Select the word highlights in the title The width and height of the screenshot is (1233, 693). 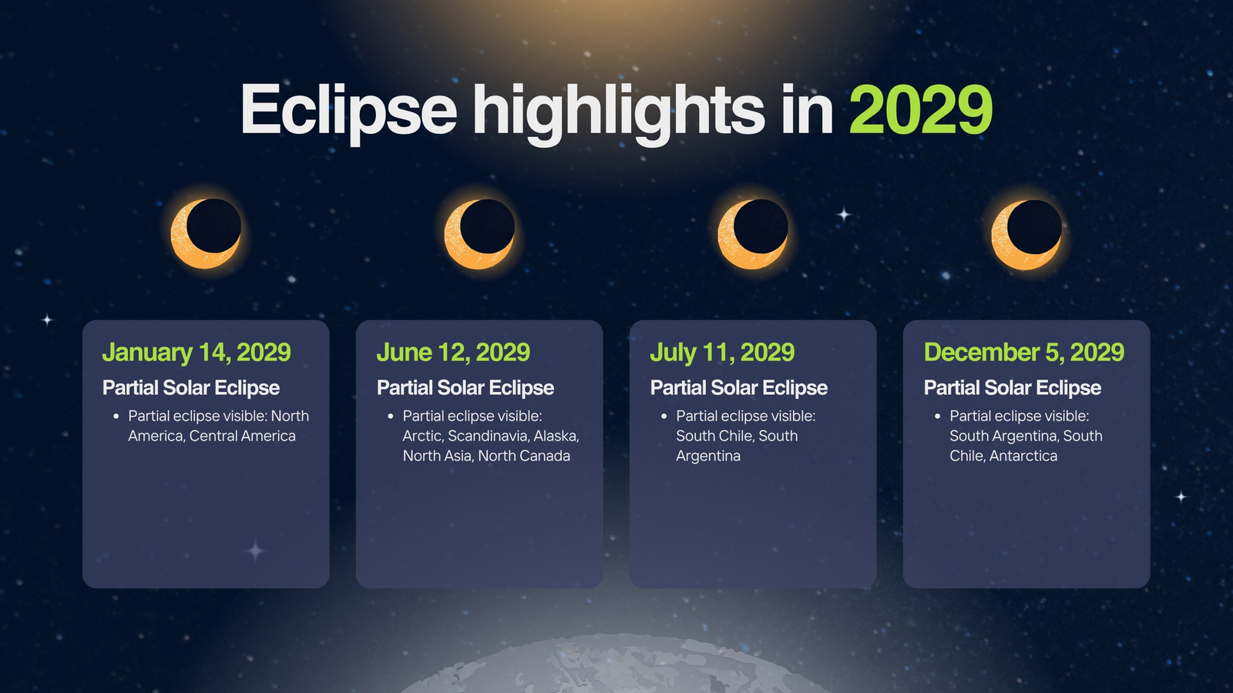619,113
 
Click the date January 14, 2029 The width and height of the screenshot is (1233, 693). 197,353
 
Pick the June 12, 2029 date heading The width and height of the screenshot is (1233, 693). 453,353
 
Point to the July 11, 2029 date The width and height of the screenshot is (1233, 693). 722,353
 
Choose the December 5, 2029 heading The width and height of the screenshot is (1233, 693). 1024,353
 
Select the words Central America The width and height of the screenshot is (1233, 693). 242,436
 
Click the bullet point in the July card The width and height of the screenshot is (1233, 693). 664,417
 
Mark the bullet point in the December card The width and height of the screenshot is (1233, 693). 937,417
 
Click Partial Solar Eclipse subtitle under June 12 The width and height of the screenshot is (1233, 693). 465,388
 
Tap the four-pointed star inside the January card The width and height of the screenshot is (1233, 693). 255,551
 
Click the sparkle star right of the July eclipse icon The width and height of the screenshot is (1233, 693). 844,214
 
